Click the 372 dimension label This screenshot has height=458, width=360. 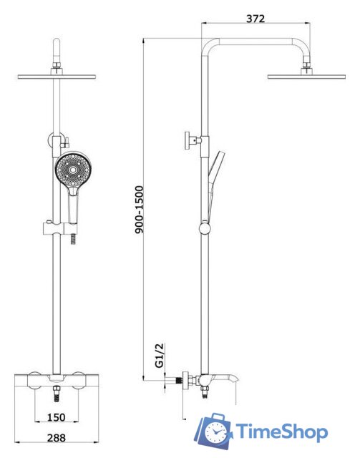pyautogui.click(x=256, y=19)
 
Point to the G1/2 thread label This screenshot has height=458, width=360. pyautogui.click(x=160, y=355)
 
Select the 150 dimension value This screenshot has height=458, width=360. pyautogui.click(x=57, y=417)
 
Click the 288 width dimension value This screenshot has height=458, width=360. pyautogui.click(x=57, y=437)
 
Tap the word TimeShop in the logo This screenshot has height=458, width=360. pyautogui.click(x=281, y=432)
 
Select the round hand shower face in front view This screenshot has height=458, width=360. pyautogui.click(x=74, y=170)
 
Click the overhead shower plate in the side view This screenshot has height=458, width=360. pyautogui.click(x=306, y=77)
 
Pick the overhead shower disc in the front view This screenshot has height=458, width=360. pyautogui.click(x=57, y=77)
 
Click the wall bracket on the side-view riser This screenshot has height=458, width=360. pyautogui.click(x=193, y=140)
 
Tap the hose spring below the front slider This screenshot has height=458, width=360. pyautogui.click(x=73, y=240)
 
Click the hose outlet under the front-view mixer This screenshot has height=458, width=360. pyautogui.click(x=57, y=393)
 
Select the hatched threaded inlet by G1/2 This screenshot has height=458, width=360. pyautogui.click(x=179, y=381)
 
